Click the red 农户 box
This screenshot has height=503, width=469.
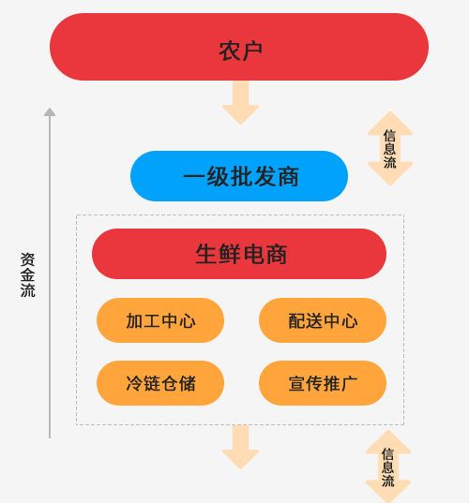point(239,47)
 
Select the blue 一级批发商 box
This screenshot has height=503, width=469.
point(239,176)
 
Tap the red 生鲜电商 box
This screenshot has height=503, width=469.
point(239,254)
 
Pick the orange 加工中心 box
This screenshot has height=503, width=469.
point(160,320)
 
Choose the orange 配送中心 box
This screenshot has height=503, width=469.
point(323,320)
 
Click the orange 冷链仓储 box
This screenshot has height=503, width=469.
point(160,383)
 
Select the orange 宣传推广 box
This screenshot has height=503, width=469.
point(323,383)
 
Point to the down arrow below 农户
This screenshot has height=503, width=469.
point(241,103)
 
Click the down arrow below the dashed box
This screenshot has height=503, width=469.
point(241,447)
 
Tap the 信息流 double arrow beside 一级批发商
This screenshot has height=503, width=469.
point(390,149)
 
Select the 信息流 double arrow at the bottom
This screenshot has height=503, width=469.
point(388,466)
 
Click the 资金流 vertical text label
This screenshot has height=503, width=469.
point(27,275)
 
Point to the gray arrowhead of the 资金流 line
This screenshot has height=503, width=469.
point(50,111)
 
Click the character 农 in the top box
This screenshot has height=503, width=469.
point(230,52)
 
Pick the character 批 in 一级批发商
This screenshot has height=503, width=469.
point(241,176)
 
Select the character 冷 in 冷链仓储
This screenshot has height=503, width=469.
point(134,383)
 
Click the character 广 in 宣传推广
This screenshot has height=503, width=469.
point(350,383)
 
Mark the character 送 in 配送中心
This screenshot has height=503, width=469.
point(314,320)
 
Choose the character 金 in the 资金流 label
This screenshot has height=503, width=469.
point(27,275)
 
